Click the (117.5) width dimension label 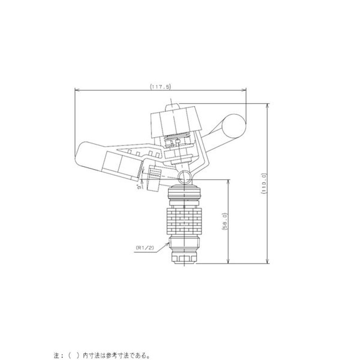point(161,86)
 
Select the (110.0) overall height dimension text point(264,183)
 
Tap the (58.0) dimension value point(225,221)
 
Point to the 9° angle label point(139,187)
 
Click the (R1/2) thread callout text point(145,248)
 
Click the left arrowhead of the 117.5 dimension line point(77,90)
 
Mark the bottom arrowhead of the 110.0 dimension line point(267,261)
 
